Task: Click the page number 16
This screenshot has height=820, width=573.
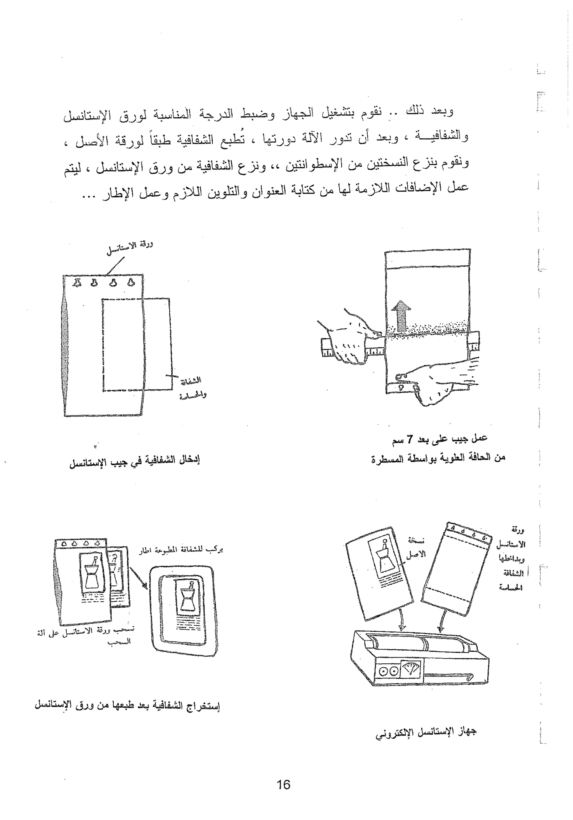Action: click(x=283, y=785)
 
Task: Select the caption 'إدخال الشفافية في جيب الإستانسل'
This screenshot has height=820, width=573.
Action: click(x=134, y=460)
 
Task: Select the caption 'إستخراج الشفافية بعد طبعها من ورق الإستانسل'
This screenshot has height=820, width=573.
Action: click(x=127, y=705)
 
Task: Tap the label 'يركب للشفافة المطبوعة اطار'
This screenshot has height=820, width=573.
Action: click(x=181, y=549)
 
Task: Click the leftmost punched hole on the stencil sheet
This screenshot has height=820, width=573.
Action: click(x=76, y=282)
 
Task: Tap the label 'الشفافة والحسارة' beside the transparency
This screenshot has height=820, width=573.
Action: click(x=192, y=388)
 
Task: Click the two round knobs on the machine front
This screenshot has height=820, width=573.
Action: click(x=388, y=671)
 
